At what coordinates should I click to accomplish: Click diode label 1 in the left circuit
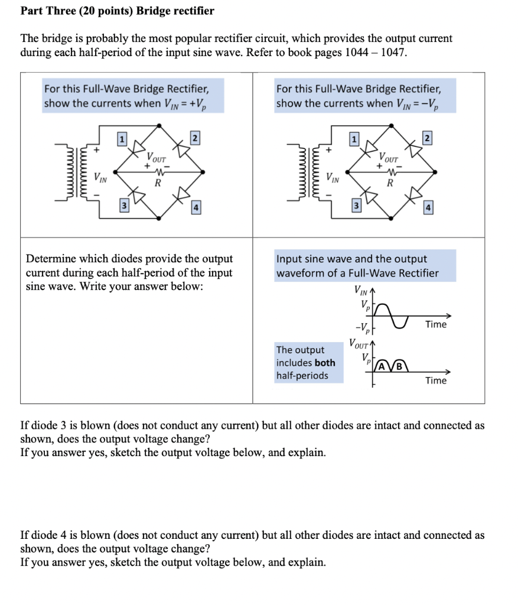point(122,139)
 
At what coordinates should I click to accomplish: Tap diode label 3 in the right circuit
point(355,205)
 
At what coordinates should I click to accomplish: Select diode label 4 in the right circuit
point(428,208)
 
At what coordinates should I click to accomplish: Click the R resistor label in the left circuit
point(157,183)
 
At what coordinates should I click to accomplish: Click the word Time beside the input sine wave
point(436,324)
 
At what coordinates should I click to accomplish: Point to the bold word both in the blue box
point(325,363)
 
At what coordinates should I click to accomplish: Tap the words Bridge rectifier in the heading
point(181,11)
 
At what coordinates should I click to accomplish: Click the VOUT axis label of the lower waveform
point(359,343)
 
